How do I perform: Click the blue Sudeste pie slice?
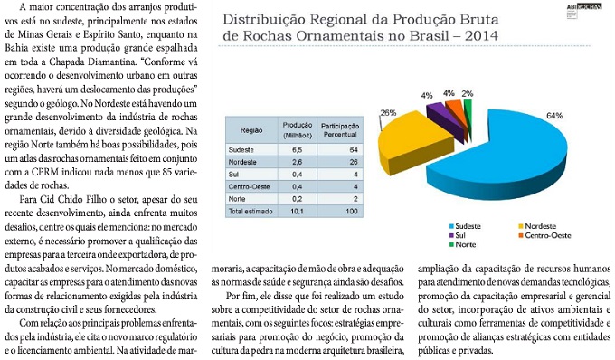[510, 156]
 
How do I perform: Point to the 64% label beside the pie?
[554, 116]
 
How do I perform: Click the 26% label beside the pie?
[388, 113]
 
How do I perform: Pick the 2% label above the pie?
[468, 94]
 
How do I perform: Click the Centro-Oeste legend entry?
[544, 236]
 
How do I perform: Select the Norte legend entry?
[462, 245]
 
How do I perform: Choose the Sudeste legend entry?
[465, 226]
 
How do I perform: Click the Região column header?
[251, 130]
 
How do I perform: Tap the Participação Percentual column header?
[340, 130]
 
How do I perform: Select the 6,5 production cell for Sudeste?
[297, 150]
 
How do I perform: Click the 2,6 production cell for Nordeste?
[297, 162]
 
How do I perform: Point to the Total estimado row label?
[251, 212]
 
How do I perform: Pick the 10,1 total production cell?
[297, 212]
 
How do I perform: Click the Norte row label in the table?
[237, 199]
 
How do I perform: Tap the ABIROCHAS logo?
[584, 7]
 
